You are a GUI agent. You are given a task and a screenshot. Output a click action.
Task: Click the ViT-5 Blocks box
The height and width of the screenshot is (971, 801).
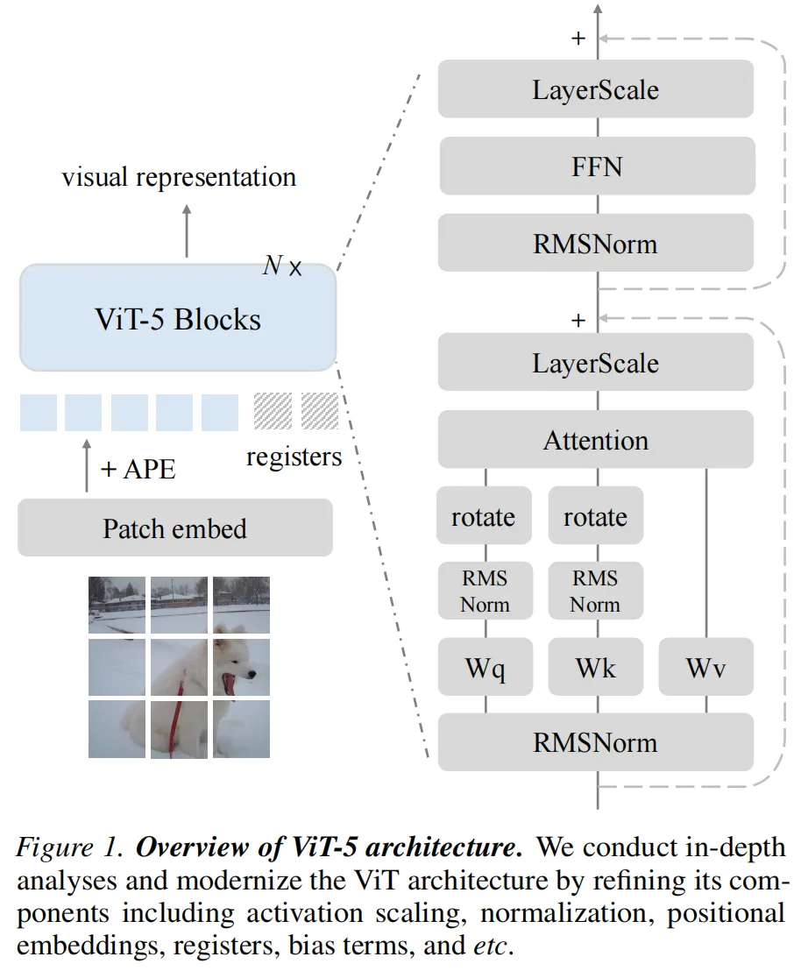click(x=178, y=317)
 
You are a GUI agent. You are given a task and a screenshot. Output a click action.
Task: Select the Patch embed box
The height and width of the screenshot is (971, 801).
click(x=175, y=528)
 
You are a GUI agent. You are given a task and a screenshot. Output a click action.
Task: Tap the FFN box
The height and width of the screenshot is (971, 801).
click(x=597, y=166)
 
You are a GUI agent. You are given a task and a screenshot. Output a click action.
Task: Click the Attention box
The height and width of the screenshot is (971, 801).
click(x=596, y=439)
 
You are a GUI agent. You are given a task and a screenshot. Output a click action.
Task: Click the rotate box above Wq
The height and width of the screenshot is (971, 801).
click(x=484, y=516)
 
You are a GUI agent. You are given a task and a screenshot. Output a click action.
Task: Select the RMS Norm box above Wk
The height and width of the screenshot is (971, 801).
click(x=596, y=591)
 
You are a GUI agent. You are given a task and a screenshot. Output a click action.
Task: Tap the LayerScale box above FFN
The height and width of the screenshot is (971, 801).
click(x=596, y=89)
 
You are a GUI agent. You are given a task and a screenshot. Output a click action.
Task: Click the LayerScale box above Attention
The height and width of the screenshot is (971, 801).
click(x=596, y=362)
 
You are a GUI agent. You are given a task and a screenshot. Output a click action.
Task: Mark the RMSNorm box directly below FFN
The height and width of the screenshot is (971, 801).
click(x=596, y=243)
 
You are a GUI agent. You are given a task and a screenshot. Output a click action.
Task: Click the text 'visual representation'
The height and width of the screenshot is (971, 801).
click(x=179, y=177)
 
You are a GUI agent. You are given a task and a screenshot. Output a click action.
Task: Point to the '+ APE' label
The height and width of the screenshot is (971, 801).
click(x=138, y=469)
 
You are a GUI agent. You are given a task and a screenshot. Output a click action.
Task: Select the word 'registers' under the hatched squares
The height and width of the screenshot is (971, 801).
click(x=294, y=456)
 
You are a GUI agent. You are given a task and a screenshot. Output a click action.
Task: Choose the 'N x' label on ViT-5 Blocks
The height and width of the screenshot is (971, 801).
click(x=282, y=266)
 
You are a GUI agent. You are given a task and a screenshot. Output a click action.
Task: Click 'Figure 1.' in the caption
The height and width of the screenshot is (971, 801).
click(x=71, y=847)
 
